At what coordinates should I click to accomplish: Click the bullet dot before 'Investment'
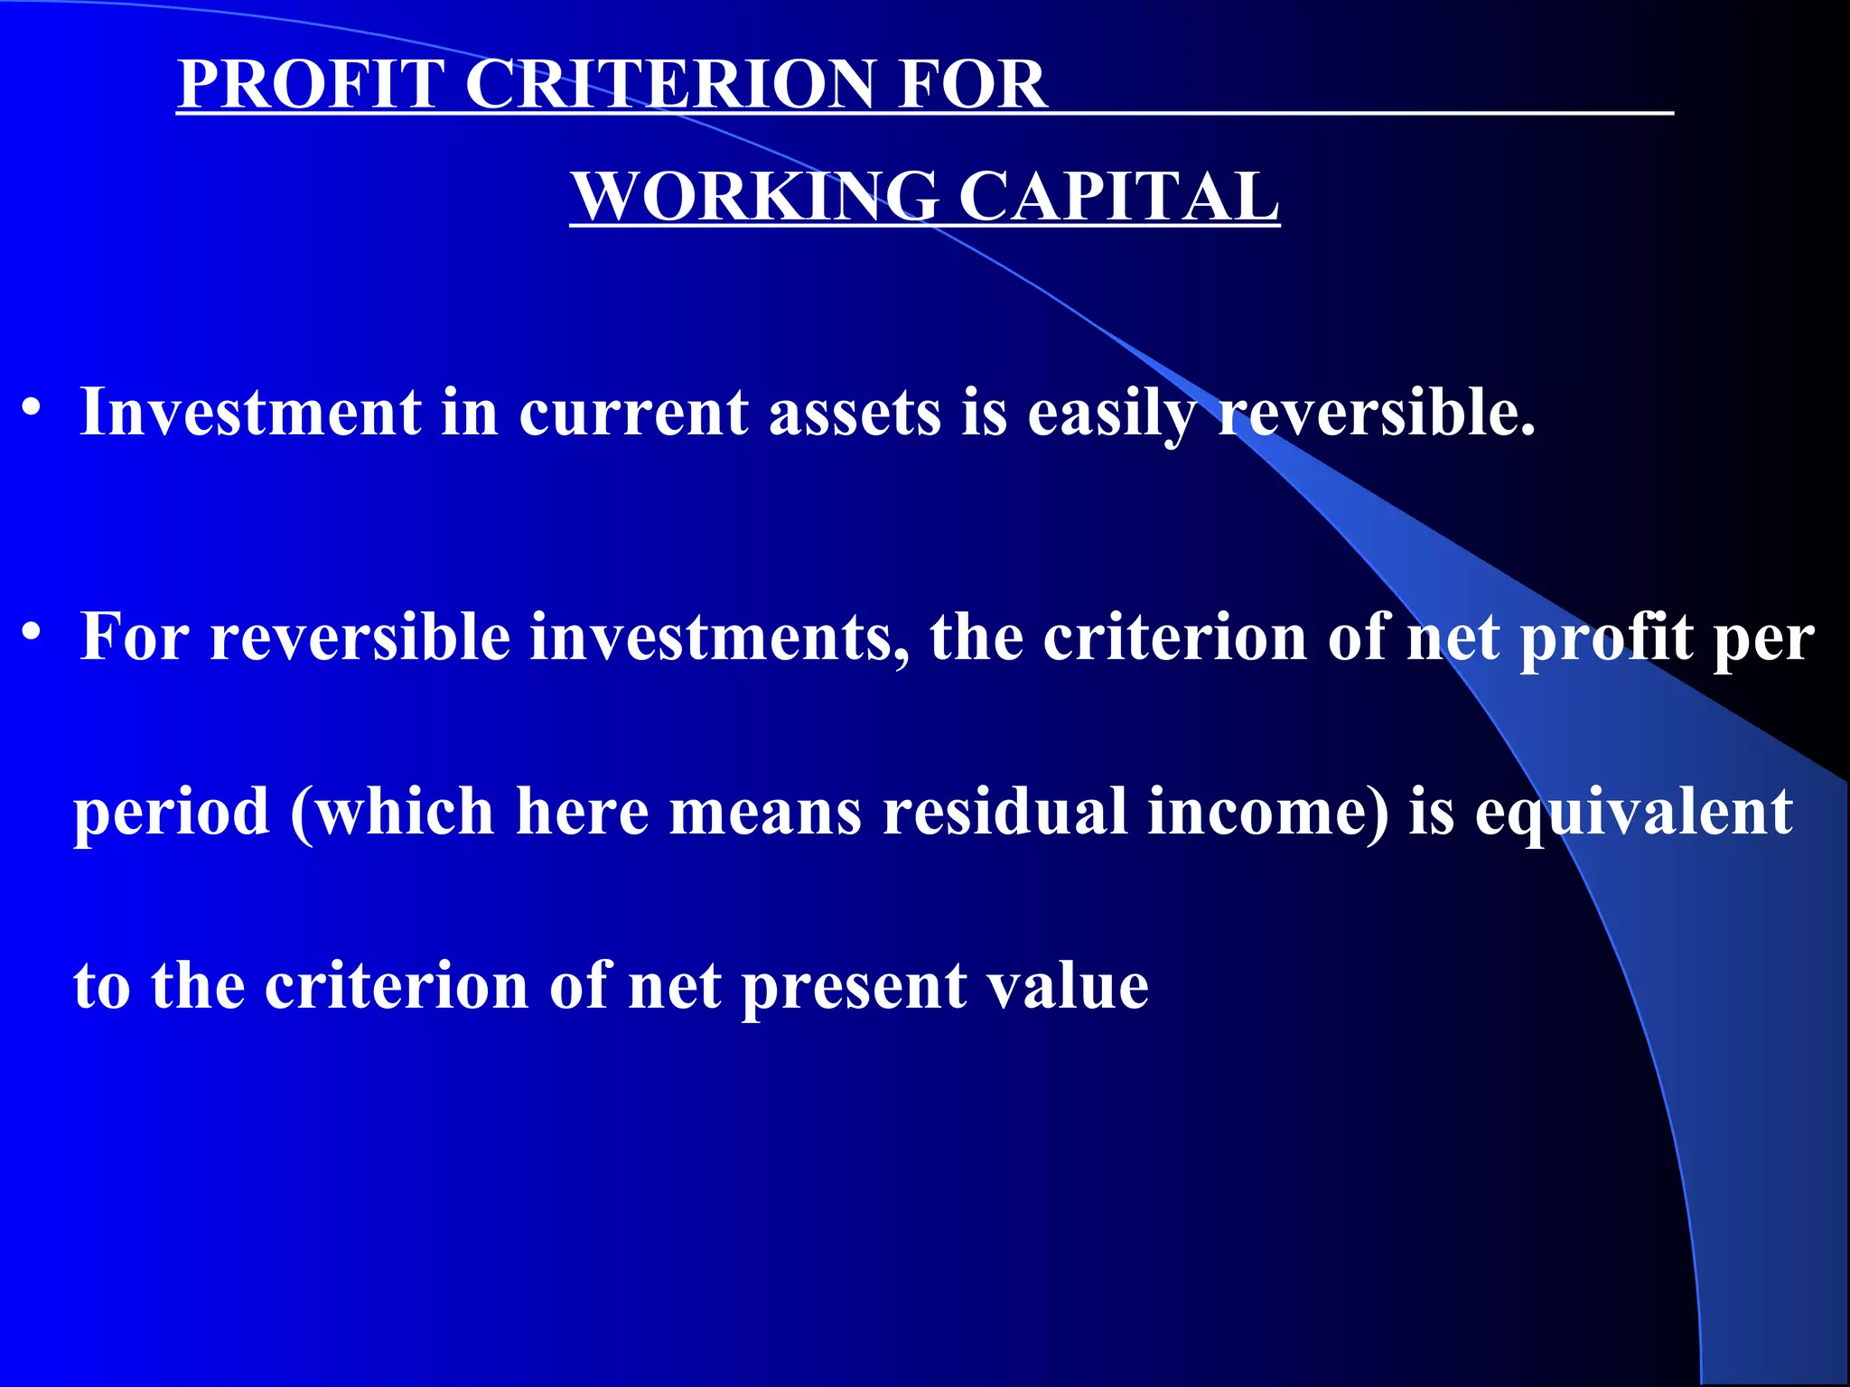point(33,408)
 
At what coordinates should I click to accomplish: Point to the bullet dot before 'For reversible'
point(33,633)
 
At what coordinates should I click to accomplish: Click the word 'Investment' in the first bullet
point(250,412)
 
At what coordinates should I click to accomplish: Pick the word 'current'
point(633,414)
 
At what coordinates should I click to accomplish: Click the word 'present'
point(854,987)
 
